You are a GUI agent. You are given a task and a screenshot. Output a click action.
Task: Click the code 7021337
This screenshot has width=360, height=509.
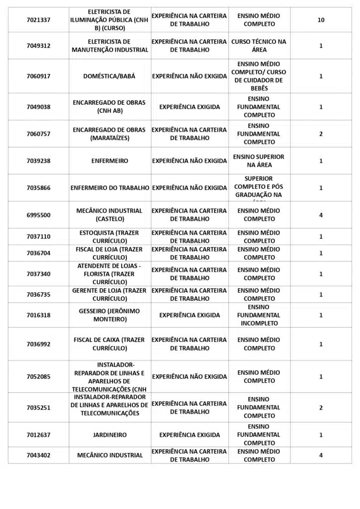(x=38, y=20)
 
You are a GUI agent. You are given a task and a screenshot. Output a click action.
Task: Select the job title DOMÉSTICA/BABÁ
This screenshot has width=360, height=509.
(x=109, y=77)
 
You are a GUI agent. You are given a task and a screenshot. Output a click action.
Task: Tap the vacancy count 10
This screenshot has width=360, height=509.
(x=321, y=20)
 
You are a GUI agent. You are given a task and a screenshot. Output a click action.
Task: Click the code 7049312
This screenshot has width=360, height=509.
(x=38, y=46)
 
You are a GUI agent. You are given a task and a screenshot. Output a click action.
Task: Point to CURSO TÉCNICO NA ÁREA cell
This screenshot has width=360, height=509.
(x=259, y=46)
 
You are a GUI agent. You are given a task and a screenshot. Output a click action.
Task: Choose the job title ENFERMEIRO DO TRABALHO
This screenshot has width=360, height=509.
(x=110, y=188)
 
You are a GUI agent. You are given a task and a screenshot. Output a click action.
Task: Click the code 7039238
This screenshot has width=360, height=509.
(x=38, y=161)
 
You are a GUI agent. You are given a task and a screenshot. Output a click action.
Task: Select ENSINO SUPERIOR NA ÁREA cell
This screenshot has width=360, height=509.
(x=259, y=161)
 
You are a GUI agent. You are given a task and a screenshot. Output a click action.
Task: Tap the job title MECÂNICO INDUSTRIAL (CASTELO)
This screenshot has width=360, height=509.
(x=109, y=215)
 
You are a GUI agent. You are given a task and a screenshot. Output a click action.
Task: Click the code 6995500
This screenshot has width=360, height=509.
(x=38, y=215)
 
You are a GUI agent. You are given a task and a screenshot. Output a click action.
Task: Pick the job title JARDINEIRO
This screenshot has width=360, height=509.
(x=109, y=435)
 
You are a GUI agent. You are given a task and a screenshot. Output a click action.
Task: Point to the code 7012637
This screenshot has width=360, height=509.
(x=38, y=435)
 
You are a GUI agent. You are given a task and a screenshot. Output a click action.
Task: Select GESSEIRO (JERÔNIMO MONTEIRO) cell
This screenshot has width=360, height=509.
(x=109, y=315)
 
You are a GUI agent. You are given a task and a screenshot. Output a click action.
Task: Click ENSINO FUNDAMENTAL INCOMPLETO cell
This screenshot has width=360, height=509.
(x=259, y=315)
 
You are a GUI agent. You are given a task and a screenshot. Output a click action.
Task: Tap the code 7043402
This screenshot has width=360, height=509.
(x=38, y=455)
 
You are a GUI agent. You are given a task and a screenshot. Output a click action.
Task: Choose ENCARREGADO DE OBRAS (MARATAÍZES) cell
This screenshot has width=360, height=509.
(x=109, y=134)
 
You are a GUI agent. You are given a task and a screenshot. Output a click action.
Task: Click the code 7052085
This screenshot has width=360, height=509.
(x=38, y=377)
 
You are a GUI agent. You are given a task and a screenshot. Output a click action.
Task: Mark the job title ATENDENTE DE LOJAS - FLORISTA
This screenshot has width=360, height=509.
(x=109, y=274)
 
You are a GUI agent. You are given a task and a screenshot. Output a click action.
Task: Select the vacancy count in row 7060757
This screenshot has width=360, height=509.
(x=321, y=134)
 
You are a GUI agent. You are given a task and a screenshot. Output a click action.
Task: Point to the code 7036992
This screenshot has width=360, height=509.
(x=38, y=344)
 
